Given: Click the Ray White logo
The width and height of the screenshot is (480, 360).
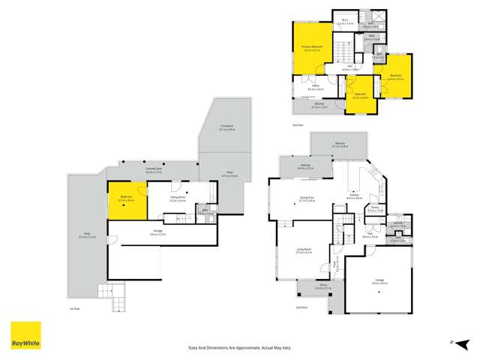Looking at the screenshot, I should (x=25, y=336).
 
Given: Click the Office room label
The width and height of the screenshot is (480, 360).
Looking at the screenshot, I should (x=316, y=87).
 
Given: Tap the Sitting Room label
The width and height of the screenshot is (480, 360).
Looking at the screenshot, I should (x=177, y=199).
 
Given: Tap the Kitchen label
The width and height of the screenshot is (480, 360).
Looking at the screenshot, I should (x=354, y=198).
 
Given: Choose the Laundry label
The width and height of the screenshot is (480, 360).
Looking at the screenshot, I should (x=398, y=223).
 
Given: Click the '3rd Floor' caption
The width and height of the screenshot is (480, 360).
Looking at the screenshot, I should (x=297, y=124).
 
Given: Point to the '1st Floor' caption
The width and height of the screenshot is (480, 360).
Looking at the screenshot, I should (x=73, y=307).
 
